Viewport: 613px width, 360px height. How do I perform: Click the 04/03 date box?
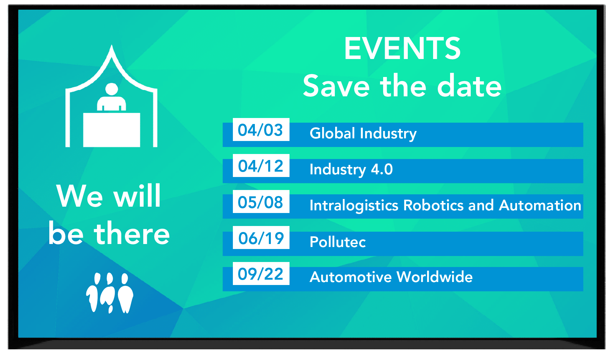click(x=261, y=130)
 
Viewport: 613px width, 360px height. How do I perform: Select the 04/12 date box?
click(x=261, y=166)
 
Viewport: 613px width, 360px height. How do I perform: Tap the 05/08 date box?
click(x=261, y=202)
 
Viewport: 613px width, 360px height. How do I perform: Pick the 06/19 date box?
click(x=261, y=238)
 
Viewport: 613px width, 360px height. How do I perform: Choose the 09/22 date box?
click(x=261, y=274)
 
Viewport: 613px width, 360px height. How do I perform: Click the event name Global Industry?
click(x=363, y=134)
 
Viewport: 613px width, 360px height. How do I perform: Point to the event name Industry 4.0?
click(x=351, y=170)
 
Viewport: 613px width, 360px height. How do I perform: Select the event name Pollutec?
click(x=337, y=242)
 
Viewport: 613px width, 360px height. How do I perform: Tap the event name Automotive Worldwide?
click(x=391, y=277)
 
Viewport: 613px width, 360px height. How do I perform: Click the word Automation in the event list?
click(x=540, y=205)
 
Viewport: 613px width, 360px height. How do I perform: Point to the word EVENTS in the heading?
click(x=402, y=49)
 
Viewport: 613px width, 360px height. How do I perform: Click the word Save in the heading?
click(x=336, y=86)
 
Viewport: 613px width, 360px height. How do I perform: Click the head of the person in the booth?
click(x=112, y=89)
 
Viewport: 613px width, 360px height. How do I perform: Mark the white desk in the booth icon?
click(x=112, y=130)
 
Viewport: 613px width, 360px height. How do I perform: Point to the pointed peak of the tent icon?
click(x=112, y=45)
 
